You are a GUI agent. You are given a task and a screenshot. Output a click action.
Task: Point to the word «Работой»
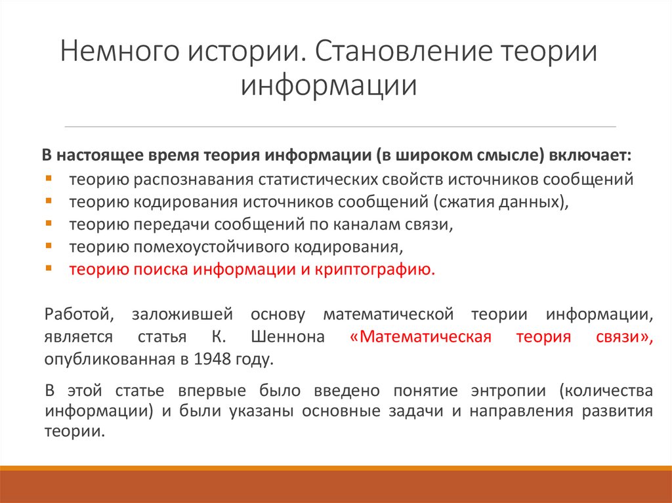tap(80, 314)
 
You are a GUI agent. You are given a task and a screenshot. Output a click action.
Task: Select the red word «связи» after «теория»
tap(616, 338)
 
